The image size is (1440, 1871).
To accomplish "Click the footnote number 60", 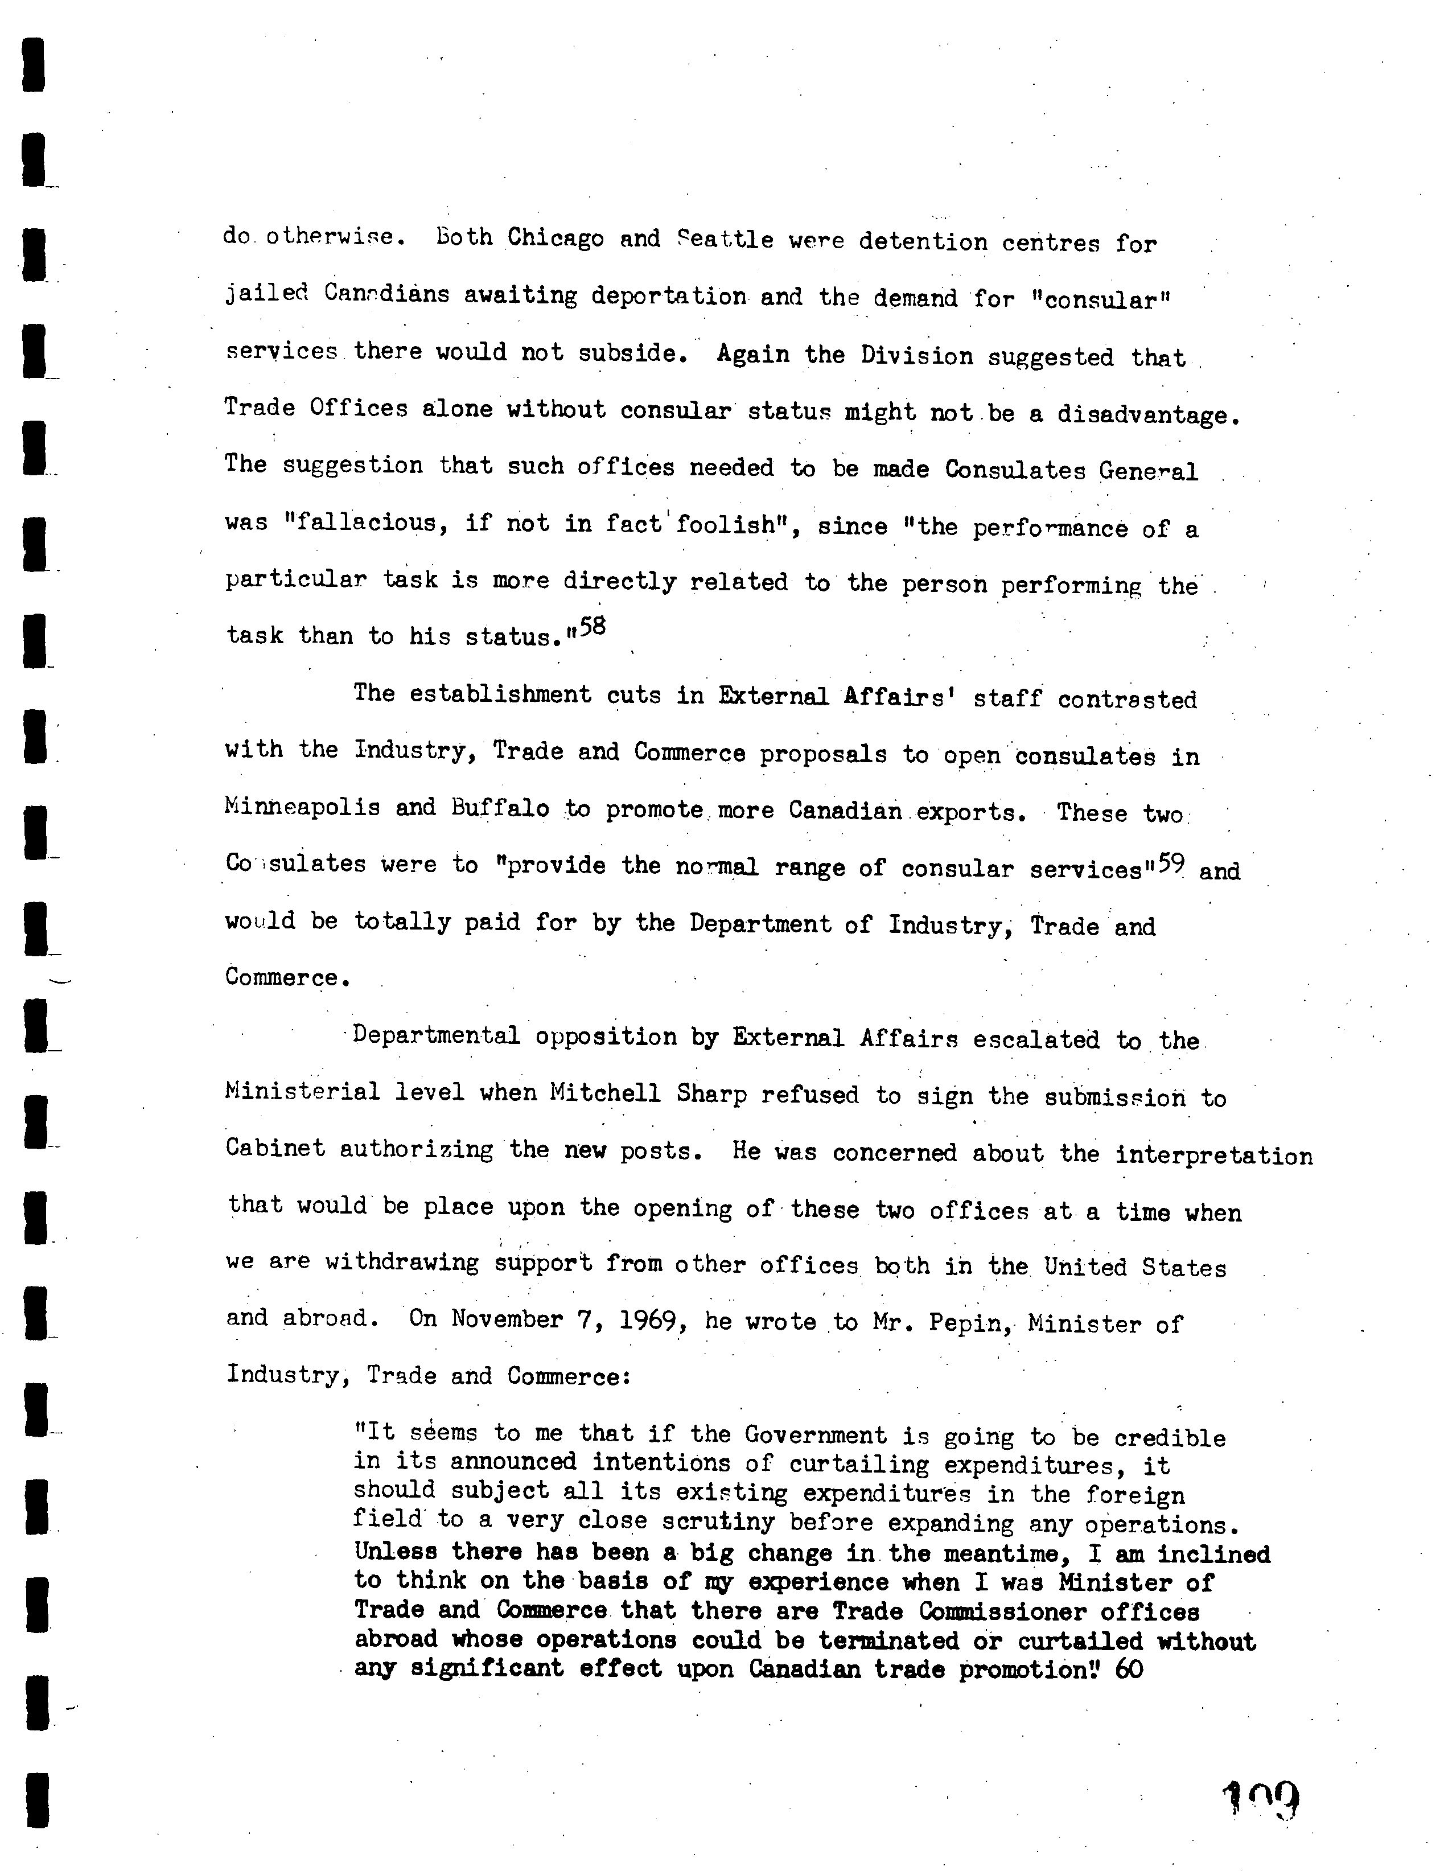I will [x=1129, y=1669].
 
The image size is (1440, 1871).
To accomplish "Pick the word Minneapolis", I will [x=302, y=808].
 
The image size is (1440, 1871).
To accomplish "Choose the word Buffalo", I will [x=500, y=809].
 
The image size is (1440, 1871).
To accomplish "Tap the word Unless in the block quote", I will [x=395, y=1552].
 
